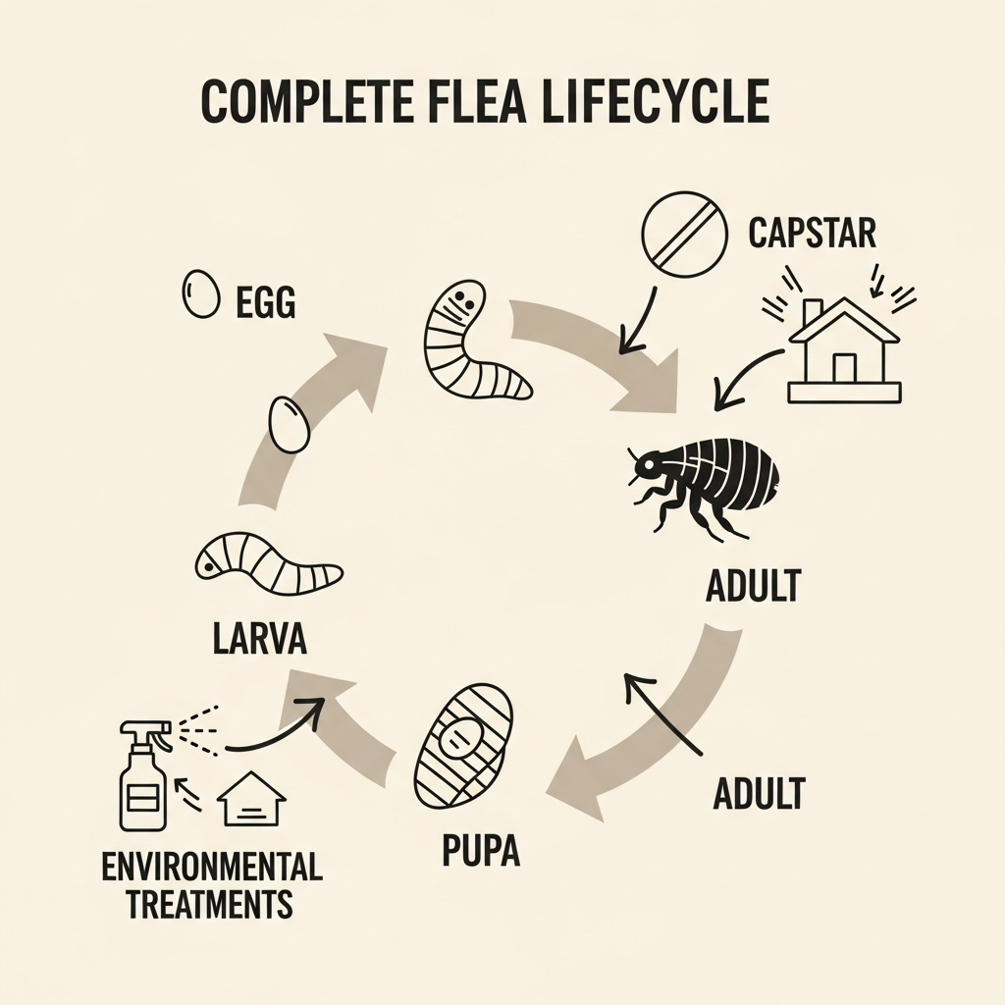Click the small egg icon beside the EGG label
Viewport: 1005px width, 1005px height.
pyautogui.click(x=201, y=293)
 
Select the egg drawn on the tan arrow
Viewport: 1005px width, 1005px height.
pyautogui.click(x=288, y=423)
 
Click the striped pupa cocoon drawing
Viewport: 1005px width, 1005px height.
pyautogui.click(x=463, y=751)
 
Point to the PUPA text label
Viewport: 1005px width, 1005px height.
pyautogui.click(x=481, y=850)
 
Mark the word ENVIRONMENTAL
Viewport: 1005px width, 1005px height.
pyautogui.click(x=212, y=867)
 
